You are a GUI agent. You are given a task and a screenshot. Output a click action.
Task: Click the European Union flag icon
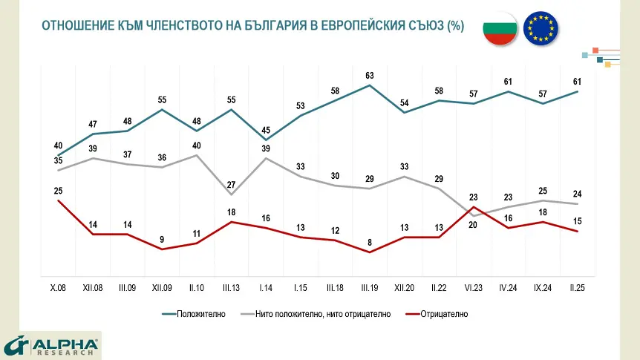pyautogui.click(x=541, y=28)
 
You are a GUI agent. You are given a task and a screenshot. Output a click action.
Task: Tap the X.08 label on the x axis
pyautogui.click(x=57, y=287)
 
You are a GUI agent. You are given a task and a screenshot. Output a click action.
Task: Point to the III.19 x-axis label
pyautogui.click(x=369, y=287)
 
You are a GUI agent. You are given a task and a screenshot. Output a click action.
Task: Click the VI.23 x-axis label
pyautogui.click(x=474, y=287)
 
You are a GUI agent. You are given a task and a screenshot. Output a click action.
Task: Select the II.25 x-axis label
pyautogui.click(x=578, y=287)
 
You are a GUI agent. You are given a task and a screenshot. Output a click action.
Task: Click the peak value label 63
pyautogui.click(x=369, y=76)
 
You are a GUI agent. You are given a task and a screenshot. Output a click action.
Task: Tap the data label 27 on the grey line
pyautogui.click(x=231, y=185)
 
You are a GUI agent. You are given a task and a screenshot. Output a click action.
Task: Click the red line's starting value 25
pyautogui.click(x=58, y=192)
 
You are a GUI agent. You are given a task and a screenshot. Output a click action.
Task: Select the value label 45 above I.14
pyautogui.click(x=266, y=131)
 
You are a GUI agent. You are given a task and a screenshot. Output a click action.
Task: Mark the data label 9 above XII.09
pyautogui.click(x=161, y=239)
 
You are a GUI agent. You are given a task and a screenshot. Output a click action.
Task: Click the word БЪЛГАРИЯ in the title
pyautogui.click(x=265, y=25)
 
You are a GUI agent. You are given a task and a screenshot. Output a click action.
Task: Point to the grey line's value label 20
pyautogui.click(x=473, y=226)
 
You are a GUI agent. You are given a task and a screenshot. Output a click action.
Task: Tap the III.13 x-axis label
pyautogui.click(x=231, y=287)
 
